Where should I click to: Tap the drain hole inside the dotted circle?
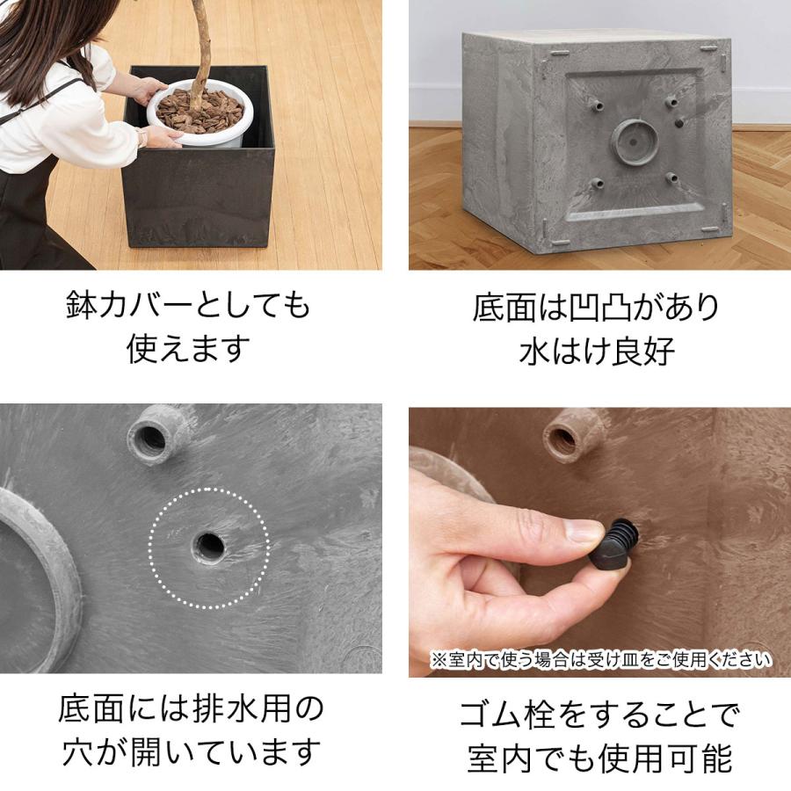click(209, 547)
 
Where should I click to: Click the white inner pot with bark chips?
click(200, 112)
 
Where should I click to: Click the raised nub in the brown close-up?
click(572, 434)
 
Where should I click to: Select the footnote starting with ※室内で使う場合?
click(600, 659)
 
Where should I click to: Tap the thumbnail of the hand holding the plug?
click(599, 541)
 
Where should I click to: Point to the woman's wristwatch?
click(142, 137)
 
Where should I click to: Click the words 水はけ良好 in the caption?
click(597, 351)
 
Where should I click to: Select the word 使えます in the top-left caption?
click(189, 349)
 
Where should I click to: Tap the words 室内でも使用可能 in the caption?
click(599, 758)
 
